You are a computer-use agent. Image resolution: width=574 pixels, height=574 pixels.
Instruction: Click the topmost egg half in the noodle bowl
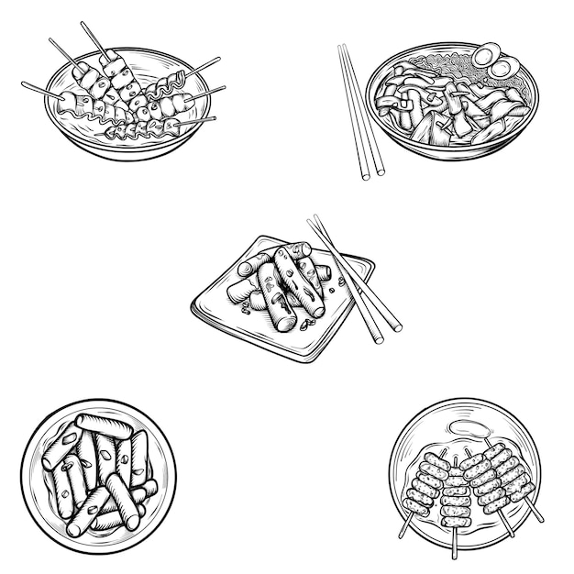point(486,53)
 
